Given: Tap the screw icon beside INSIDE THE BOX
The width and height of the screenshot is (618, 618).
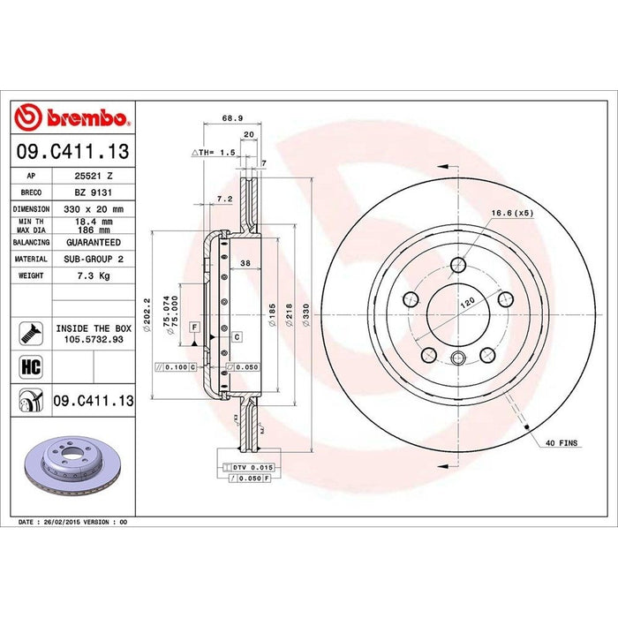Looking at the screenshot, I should (x=27, y=333).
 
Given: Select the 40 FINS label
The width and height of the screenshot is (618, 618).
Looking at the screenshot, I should (x=561, y=441).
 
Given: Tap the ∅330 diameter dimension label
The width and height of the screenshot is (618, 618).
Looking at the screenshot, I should (x=305, y=314).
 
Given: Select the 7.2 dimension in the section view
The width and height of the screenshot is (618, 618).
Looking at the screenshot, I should (x=224, y=200).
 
